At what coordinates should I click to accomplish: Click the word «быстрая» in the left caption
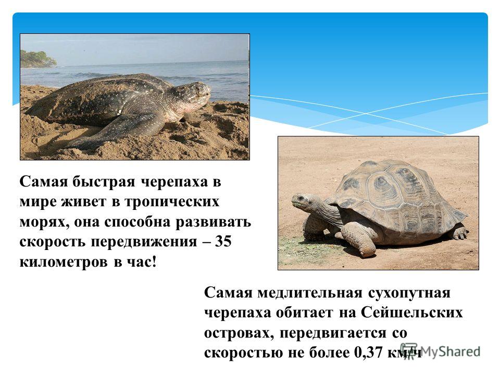click(104, 182)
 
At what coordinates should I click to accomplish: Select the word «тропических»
click(171, 202)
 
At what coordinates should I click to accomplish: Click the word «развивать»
click(214, 222)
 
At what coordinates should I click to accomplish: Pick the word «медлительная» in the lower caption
click(310, 292)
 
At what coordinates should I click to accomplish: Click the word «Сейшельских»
click(411, 312)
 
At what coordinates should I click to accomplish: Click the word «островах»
click(239, 333)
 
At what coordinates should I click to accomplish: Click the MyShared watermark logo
click(441, 352)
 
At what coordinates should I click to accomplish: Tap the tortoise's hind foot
click(459, 233)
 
